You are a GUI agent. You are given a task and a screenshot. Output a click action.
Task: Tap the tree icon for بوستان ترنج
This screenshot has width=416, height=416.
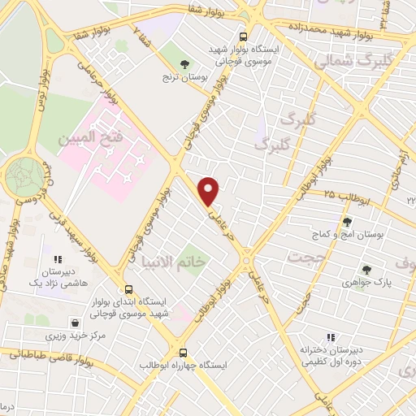click(186, 63)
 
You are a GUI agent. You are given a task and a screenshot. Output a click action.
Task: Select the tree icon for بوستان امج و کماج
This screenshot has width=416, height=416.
click(347, 221)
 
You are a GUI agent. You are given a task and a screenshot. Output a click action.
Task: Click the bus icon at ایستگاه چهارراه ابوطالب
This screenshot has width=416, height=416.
click(183, 353)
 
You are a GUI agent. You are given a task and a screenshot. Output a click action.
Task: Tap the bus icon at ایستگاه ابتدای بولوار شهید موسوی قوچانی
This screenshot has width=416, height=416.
click(128, 289)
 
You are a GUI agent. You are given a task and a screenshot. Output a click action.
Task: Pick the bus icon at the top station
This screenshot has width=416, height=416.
click(243, 37)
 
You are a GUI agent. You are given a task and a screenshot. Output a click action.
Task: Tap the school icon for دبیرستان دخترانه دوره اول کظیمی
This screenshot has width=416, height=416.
click(331, 336)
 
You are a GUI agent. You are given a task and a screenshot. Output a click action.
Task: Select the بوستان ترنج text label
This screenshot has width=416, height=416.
click(186, 79)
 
